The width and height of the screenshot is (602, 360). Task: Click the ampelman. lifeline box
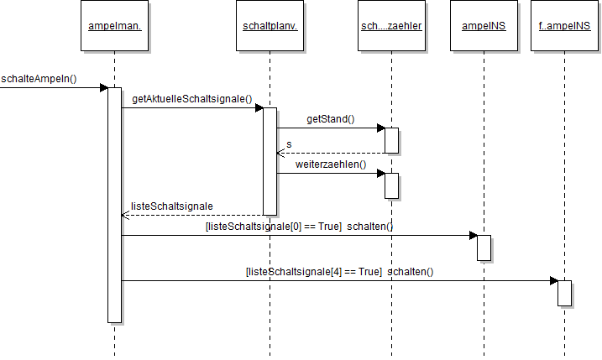point(114,27)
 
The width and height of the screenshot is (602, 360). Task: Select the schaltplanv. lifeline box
point(270,27)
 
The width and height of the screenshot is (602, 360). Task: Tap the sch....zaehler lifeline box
point(391,27)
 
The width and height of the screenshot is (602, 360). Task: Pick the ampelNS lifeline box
point(484,27)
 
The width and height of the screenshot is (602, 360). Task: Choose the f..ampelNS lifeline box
point(564,27)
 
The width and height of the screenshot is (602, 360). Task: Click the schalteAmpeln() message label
point(39,80)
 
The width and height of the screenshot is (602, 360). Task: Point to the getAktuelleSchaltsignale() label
point(192,99)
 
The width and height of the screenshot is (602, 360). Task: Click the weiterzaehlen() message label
point(331,164)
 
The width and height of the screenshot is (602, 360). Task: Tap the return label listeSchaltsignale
point(172,206)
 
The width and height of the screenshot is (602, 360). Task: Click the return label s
point(289,144)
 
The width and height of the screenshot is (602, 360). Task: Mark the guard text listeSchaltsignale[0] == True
point(273,227)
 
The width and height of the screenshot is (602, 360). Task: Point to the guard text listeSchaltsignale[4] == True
point(314,271)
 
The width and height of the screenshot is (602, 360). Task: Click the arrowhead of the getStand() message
point(380,128)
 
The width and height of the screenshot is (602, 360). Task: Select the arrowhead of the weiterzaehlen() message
point(380,174)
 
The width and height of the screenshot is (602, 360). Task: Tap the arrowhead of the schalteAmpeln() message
point(103,87)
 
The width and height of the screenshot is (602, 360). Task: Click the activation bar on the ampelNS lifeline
point(484,248)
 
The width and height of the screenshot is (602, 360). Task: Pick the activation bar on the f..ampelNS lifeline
point(564,292)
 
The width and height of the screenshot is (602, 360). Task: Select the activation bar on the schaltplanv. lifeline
point(270,160)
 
